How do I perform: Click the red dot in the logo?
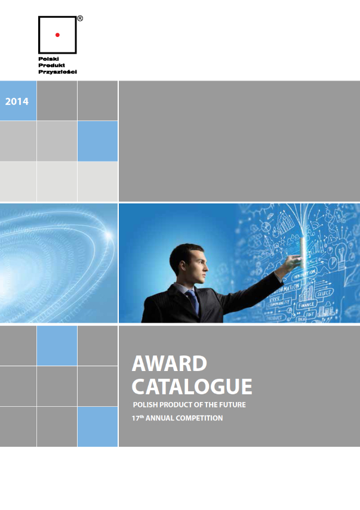click(57, 35)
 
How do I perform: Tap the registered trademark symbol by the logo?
click(80, 18)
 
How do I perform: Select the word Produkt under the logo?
click(50, 65)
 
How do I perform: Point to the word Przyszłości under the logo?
click(57, 71)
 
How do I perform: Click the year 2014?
click(17, 101)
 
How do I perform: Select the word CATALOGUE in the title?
click(192, 387)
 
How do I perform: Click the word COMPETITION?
click(202, 419)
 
